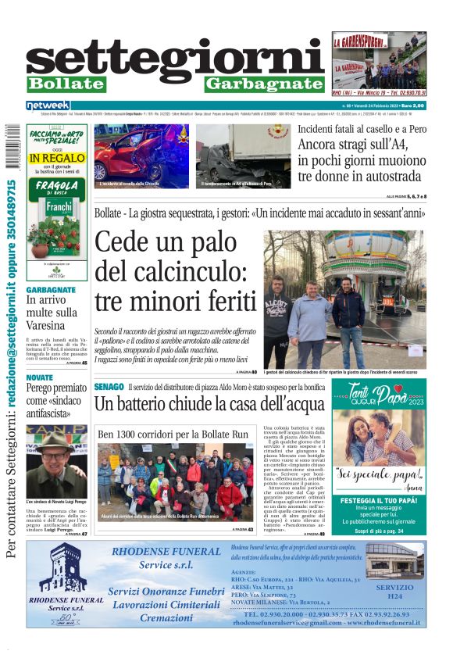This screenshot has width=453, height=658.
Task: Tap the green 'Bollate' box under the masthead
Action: click(x=66, y=84)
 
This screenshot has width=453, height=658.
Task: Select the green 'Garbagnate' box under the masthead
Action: click(x=264, y=84)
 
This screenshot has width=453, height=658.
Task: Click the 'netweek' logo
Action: click(x=48, y=105)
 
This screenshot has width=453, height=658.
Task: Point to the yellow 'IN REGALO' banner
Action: click(x=57, y=158)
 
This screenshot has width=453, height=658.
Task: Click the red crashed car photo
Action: click(x=141, y=154)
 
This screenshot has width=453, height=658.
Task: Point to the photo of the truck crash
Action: click(x=243, y=154)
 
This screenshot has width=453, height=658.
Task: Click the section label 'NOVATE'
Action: click(x=40, y=377)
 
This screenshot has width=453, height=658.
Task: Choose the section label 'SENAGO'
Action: click(x=109, y=387)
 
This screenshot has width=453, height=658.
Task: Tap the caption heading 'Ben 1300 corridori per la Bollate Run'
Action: click(x=173, y=434)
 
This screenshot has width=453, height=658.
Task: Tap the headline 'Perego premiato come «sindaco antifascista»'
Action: click(x=56, y=400)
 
